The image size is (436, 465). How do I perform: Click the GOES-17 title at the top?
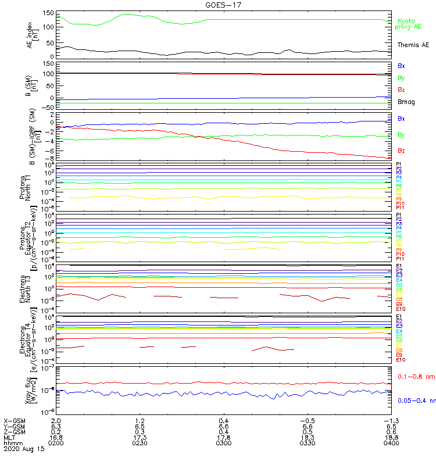coord(218,5)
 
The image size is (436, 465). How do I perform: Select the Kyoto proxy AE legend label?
coord(409,23)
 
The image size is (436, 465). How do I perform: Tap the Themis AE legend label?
coord(413,45)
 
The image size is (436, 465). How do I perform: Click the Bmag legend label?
coord(406,102)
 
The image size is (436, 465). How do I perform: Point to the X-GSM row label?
coord(14,420)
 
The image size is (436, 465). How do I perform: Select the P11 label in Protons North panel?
coord(400,208)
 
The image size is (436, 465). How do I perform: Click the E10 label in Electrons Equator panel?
coord(401,360)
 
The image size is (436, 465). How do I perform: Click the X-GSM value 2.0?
coord(56,420)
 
